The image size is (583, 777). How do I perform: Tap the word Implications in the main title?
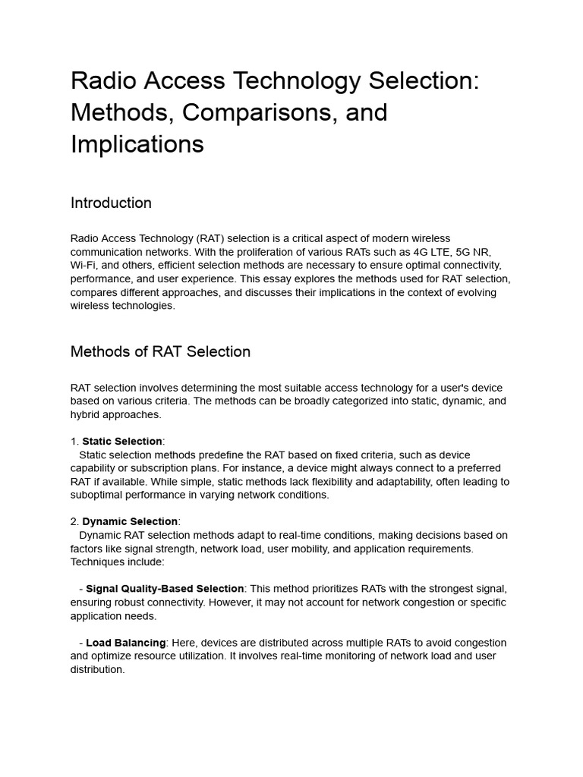coord(137,143)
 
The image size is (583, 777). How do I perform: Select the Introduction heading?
coord(111,203)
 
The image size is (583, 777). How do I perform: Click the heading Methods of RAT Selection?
coord(160,351)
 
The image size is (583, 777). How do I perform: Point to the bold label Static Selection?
coord(122,441)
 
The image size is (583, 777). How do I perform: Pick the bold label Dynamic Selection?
coord(130,521)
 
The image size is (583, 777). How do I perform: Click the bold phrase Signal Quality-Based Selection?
coord(165,588)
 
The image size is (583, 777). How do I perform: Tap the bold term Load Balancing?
coord(126,643)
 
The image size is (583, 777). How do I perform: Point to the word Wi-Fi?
coord(84,265)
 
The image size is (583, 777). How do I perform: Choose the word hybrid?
coord(87,414)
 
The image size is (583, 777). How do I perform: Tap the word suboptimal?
coord(99,495)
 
